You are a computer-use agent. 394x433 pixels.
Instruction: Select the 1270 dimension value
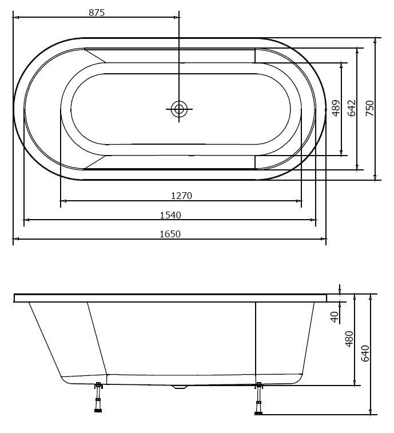pos(181,196)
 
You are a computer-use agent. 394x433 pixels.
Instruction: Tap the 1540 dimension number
pos(170,215)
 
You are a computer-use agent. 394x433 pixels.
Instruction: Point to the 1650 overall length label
pos(170,234)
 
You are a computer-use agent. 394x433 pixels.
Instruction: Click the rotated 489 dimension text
pos(336,108)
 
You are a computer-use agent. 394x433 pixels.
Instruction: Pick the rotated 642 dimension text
pos(352,108)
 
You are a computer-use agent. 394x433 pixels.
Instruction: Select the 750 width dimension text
pos(370,108)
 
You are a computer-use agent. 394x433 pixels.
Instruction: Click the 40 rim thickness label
pos(335,316)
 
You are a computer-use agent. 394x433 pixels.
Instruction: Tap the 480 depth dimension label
pos(349,339)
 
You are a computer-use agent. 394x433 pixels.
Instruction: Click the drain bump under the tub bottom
pos(180,387)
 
